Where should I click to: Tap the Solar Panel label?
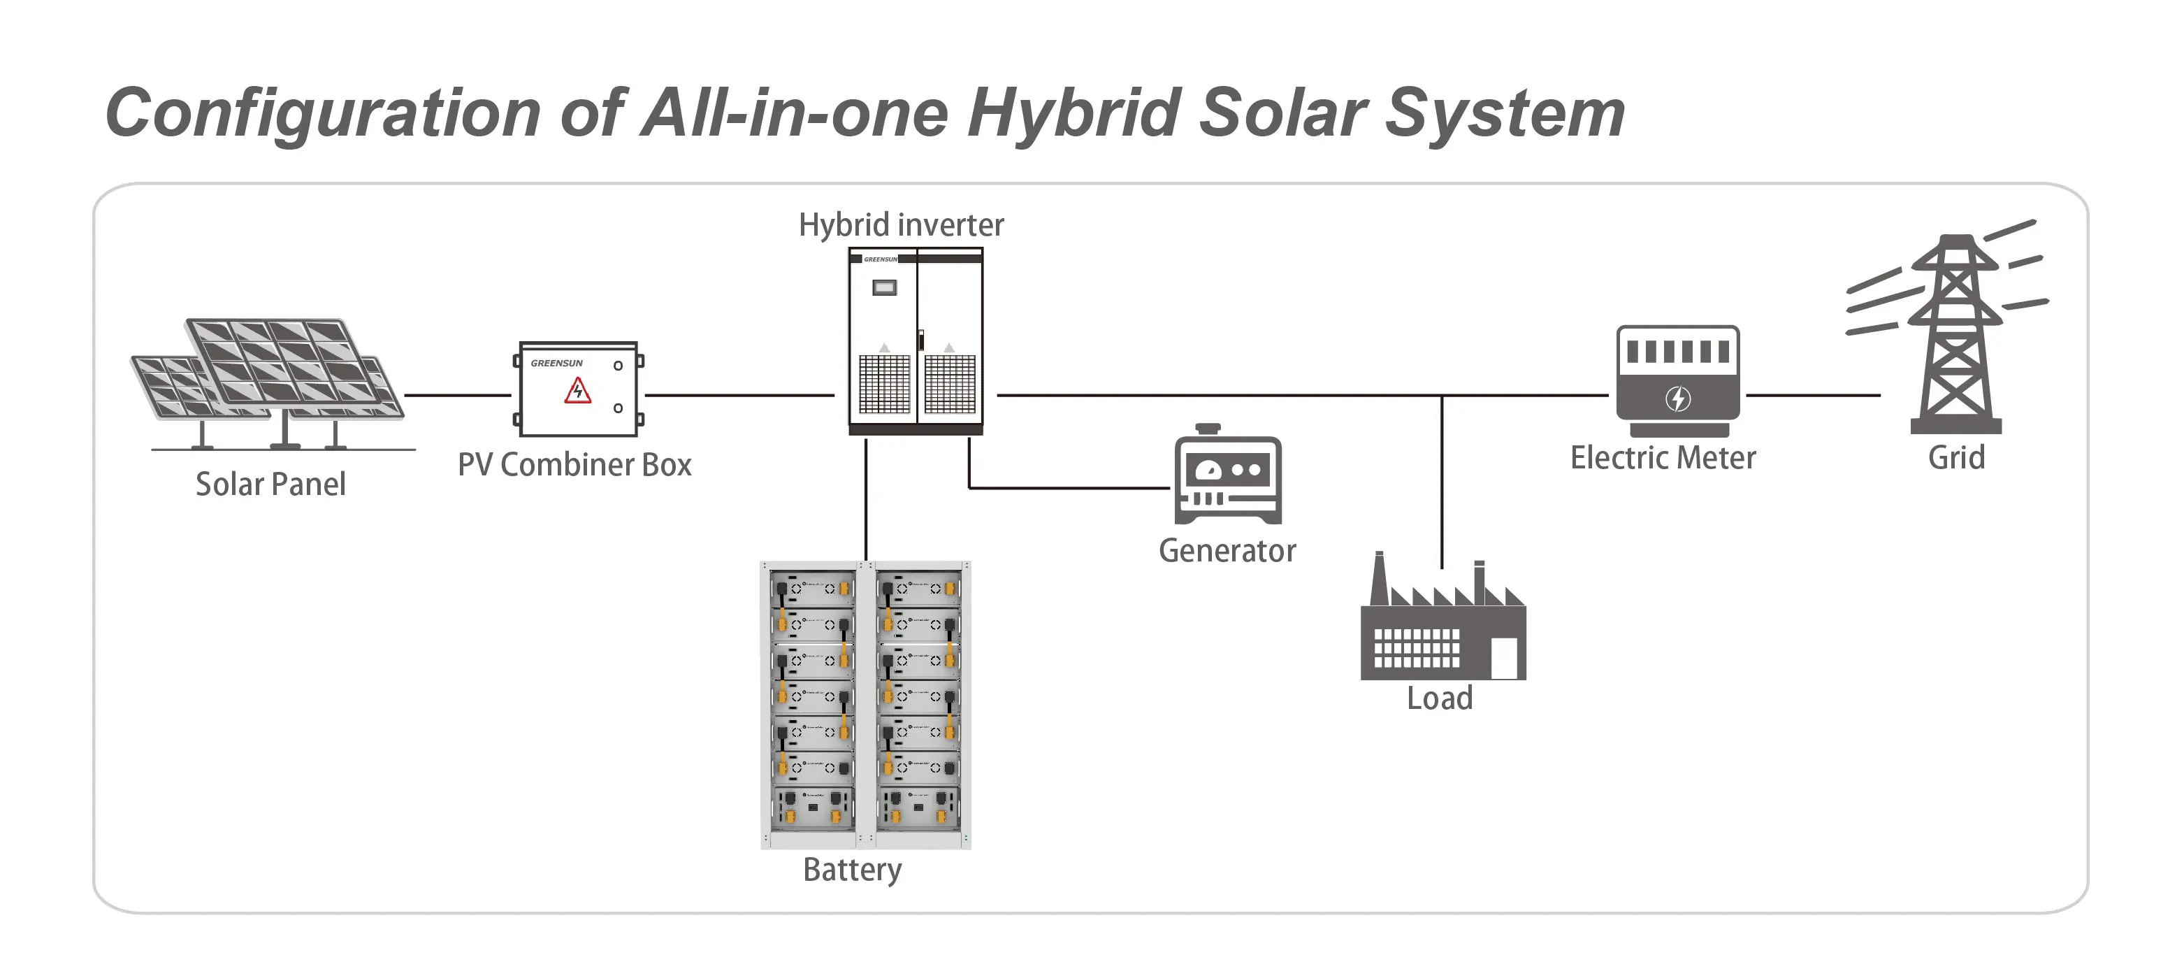270,485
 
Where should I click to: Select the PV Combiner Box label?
574,465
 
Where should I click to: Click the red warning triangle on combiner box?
578,391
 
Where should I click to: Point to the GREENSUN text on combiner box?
556,363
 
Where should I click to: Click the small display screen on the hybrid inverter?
884,288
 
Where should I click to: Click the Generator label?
1227,551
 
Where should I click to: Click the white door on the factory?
1503,658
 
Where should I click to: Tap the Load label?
1440,698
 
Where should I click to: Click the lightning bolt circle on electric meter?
1678,399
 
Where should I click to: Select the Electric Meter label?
1663,458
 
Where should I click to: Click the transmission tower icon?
1955,339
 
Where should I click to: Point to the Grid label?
1956,458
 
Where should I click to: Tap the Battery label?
852,870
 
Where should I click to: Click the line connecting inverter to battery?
866,501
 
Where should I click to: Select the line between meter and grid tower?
1813,395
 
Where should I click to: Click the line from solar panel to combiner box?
458,395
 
